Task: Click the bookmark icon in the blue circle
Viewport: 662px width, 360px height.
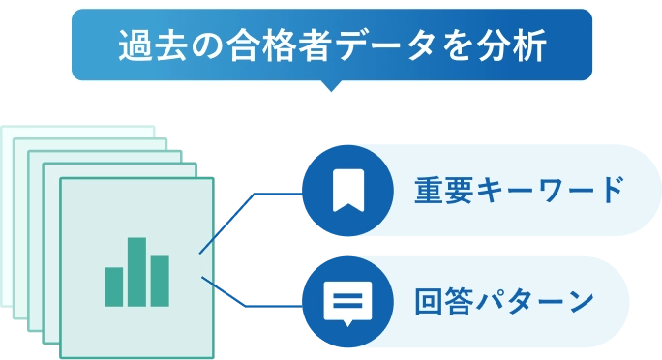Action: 347,191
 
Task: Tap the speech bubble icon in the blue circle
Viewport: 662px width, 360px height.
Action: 347,303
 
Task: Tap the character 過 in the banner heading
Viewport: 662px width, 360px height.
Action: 132,45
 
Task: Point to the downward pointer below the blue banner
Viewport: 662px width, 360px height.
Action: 332,94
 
